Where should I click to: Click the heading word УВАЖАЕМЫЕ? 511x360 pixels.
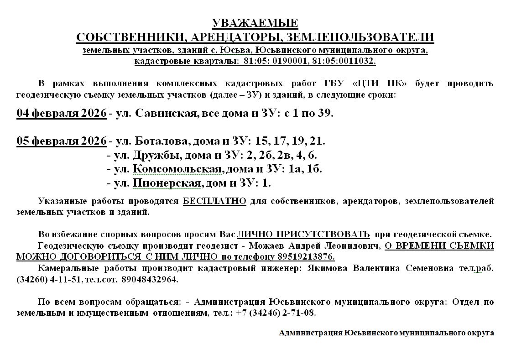(x=255, y=23)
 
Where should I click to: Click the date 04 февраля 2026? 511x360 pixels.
(x=62, y=113)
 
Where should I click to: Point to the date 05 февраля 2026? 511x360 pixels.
(x=62, y=141)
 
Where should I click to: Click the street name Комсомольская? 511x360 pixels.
(x=178, y=169)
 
